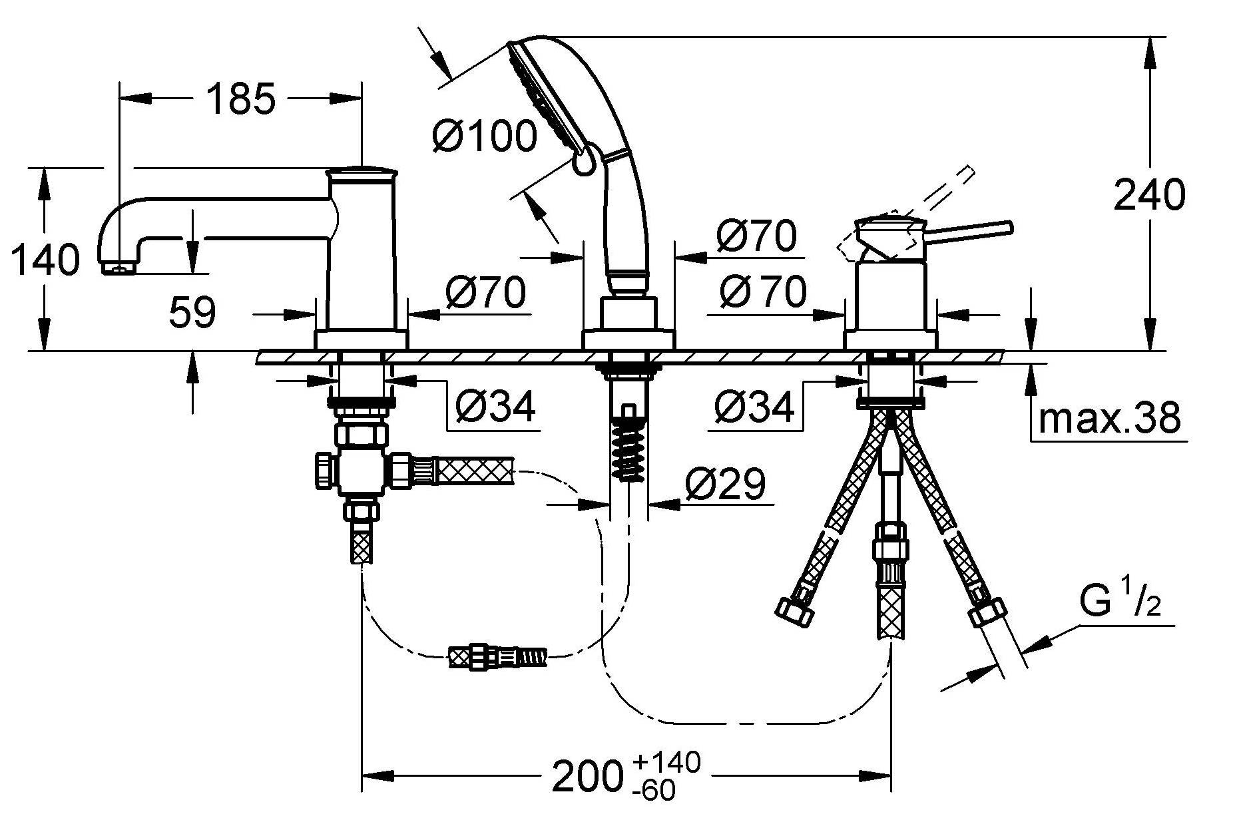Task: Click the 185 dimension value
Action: point(240,99)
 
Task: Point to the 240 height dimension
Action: point(1150,194)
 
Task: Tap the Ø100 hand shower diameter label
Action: point(484,135)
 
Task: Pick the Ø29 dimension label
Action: point(724,484)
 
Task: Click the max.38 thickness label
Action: point(1109,417)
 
